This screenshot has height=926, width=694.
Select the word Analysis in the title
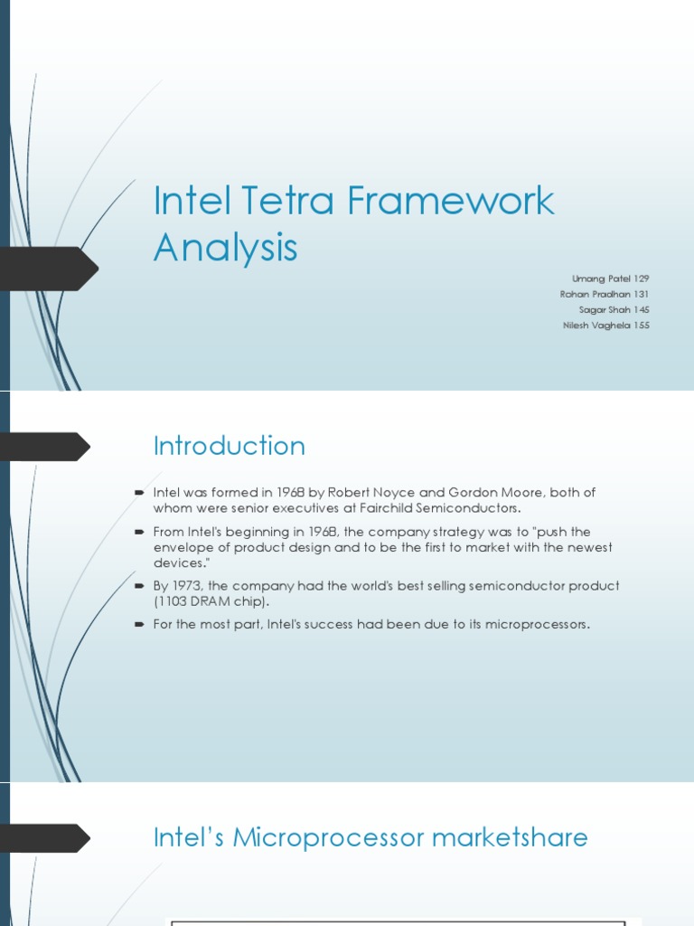[x=225, y=247]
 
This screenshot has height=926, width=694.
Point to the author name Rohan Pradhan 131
[x=605, y=294]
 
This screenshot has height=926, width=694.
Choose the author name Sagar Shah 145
[x=614, y=309]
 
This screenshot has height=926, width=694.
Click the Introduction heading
[x=230, y=446]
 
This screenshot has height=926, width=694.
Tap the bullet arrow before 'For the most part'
[x=139, y=625]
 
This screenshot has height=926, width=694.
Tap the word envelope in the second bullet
[x=182, y=547]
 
